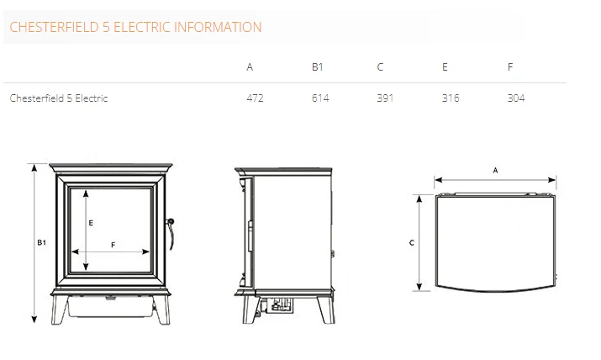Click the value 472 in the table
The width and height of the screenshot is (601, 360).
pos(255,98)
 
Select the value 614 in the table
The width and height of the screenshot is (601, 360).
pos(319,98)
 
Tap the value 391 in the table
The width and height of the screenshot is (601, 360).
pos(385,98)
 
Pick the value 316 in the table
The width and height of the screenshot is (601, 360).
pos(451,98)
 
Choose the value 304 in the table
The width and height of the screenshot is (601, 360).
pos(516,98)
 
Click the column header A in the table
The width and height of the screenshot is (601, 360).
pos(250,67)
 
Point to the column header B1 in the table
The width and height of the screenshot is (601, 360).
pos(317,67)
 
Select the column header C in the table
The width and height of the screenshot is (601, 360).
pos(381,67)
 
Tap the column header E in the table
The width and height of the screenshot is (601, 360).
pos(445,67)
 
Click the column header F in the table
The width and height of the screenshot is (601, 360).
pos(510,67)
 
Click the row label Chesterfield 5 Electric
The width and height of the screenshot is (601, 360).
pos(59,98)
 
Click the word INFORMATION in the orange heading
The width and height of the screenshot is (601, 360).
pos(220,27)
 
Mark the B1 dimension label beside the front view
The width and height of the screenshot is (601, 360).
pos(41,243)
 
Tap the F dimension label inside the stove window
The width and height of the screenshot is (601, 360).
pos(113,244)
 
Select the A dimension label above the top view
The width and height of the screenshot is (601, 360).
pos(496,171)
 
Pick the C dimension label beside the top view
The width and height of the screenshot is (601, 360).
pos(411,243)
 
